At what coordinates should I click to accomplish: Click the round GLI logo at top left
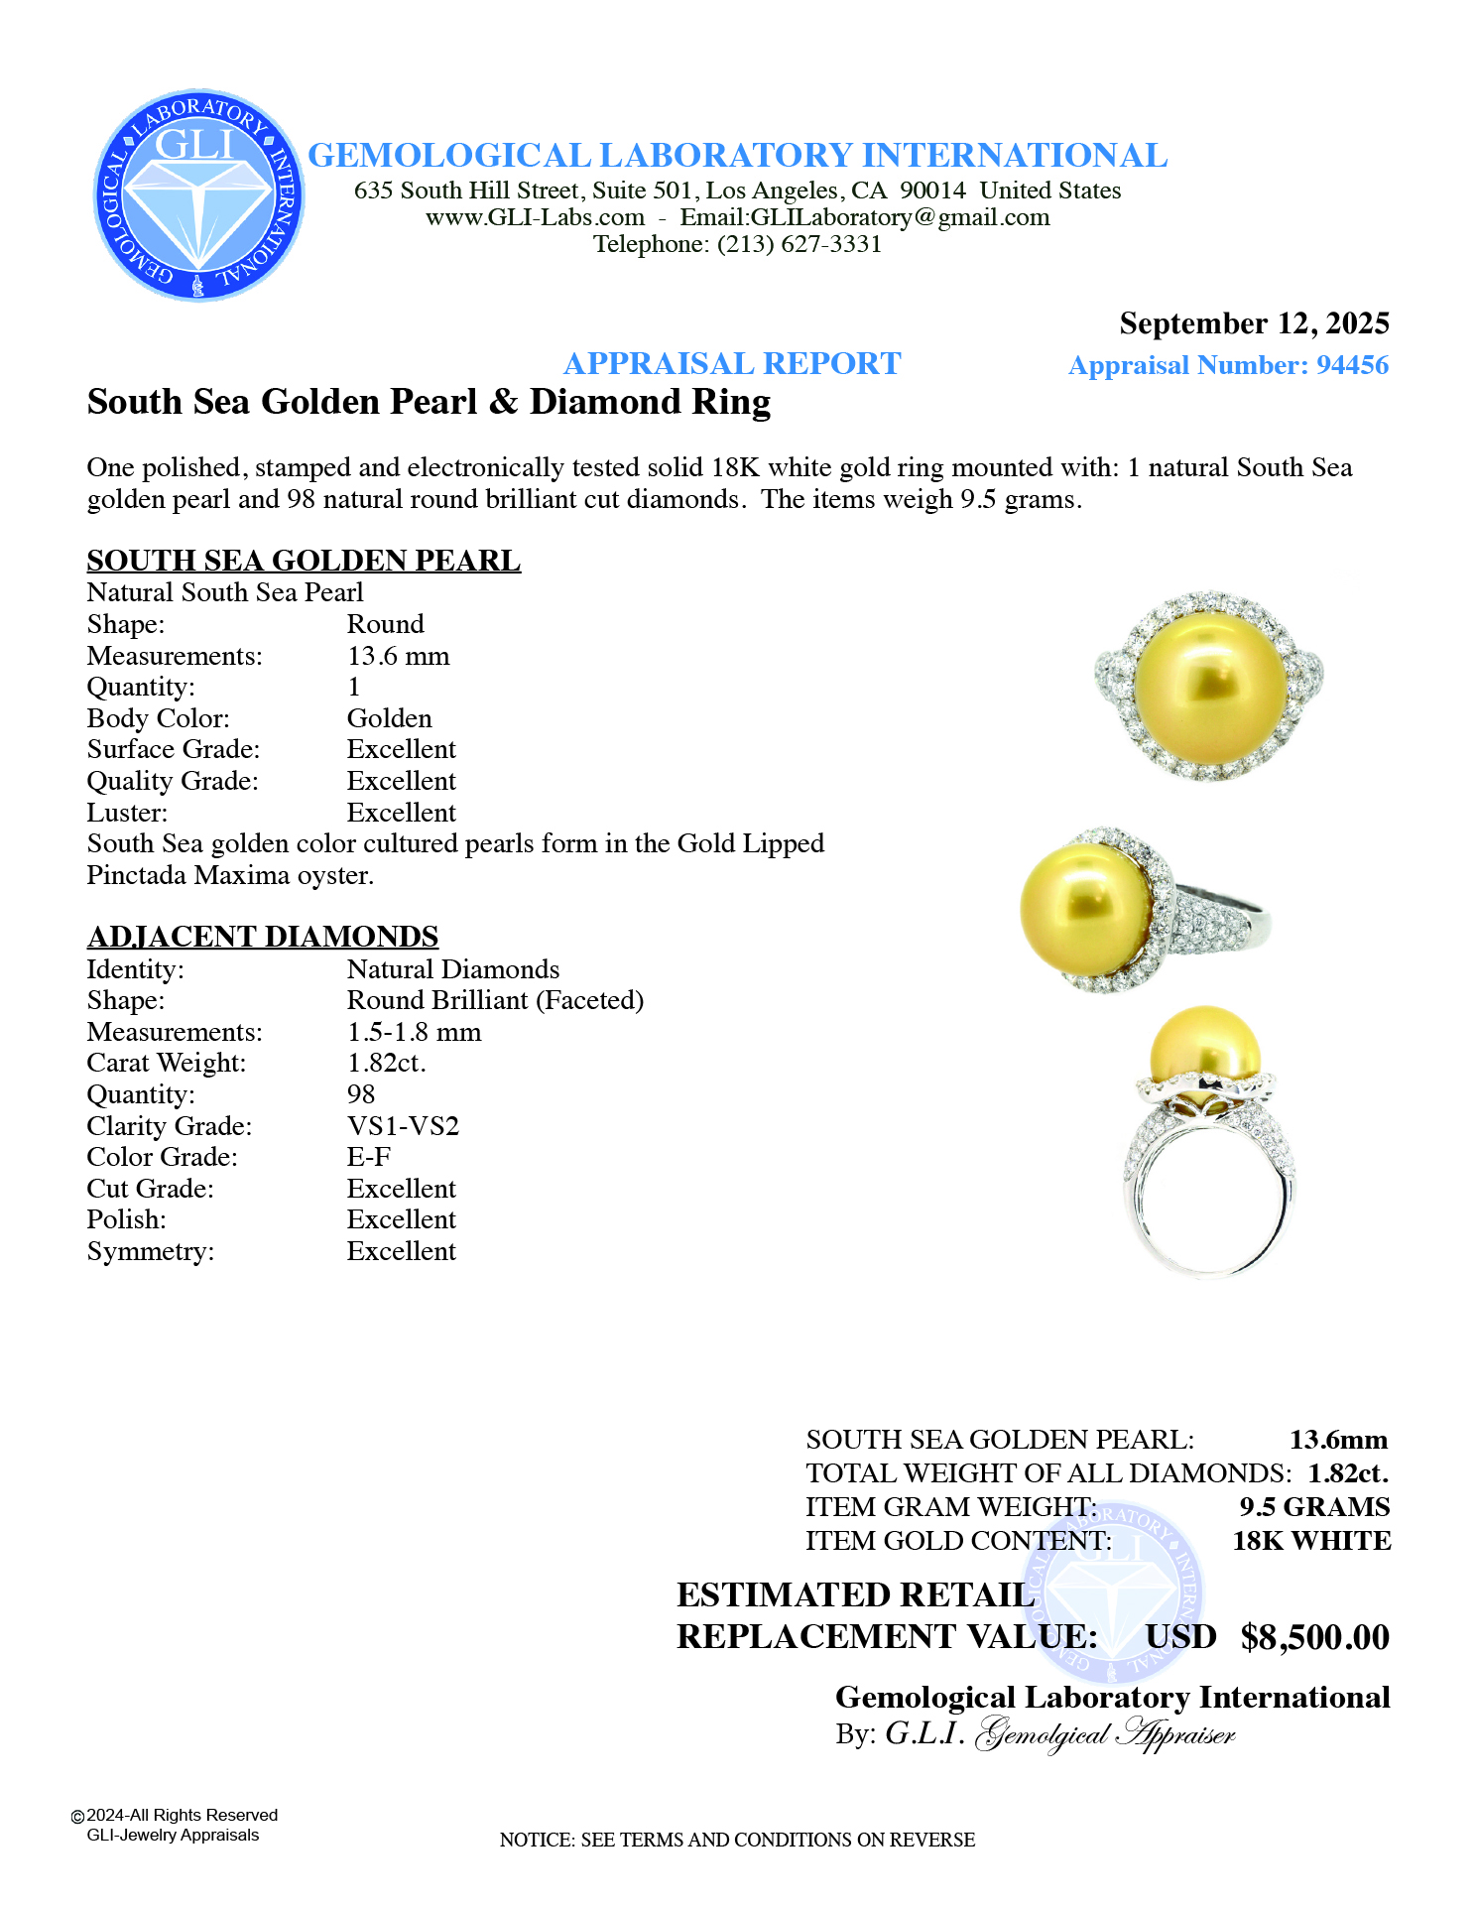(x=198, y=195)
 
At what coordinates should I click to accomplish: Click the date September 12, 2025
(x=1254, y=323)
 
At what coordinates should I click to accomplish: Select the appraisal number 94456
(x=1352, y=365)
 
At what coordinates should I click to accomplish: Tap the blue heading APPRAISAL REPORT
(x=732, y=363)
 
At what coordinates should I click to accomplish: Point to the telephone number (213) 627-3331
(x=799, y=244)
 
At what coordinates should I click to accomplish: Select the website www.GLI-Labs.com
(x=535, y=217)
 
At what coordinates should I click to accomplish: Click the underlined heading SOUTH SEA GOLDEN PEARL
(x=304, y=560)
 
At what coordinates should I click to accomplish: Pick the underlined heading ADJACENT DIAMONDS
(x=263, y=936)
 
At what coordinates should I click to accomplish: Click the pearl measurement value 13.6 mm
(x=398, y=656)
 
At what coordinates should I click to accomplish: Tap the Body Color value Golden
(x=389, y=718)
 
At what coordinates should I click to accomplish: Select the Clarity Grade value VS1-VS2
(x=403, y=1126)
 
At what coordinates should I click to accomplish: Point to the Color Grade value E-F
(x=368, y=1157)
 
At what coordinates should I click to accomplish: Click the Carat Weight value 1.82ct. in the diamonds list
(x=386, y=1063)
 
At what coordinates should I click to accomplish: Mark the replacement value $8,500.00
(x=1314, y=1637)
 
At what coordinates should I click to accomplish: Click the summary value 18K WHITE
(x=1311, y=1541)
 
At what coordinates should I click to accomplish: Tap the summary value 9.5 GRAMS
(x=1314, y=1507)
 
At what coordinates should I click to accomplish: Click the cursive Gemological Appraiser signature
(x=1105, y=1734)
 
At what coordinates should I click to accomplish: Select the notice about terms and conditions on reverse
(x=737, y=1840)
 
